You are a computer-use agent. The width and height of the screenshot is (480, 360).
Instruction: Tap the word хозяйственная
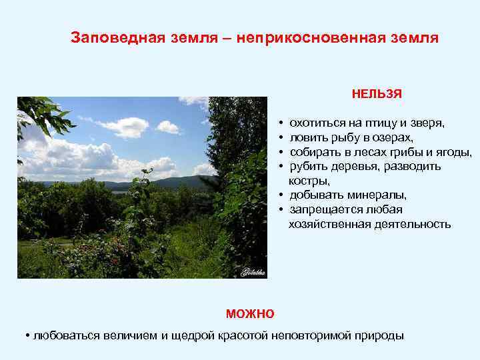[x=325, y=224]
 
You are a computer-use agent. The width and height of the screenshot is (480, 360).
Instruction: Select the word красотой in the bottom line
[x=244, y=335]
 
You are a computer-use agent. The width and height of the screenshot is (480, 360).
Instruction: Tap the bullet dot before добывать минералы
[x=282, y=195]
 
